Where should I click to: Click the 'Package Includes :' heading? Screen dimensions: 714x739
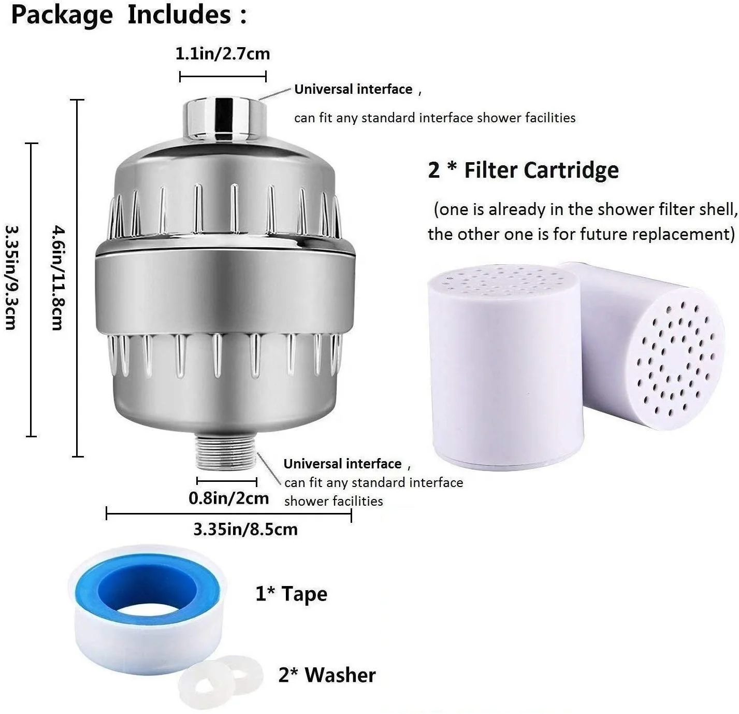click(x=129, y=15)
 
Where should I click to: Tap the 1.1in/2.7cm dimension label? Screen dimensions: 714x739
click(x=223, y=54)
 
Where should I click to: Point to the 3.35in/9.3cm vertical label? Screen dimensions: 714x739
click(x=11, y=277)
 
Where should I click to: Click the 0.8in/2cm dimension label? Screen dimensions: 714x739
click(x=228, y=498)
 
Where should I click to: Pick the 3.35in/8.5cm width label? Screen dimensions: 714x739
click(x=245, y=530)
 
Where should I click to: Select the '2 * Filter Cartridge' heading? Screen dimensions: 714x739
click(x=523, y=170)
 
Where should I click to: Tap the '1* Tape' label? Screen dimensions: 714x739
click(x=292, y=594)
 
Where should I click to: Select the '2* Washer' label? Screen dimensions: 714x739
click(x=327, y=675)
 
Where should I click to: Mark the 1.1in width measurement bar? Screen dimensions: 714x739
click(x=223, y=77)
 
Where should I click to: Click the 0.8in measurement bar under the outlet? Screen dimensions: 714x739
click(x=227, y=481)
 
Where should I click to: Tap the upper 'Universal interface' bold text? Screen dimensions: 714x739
click(x=353, y=89)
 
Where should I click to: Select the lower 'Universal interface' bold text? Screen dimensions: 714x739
click(x=342, y=463)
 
